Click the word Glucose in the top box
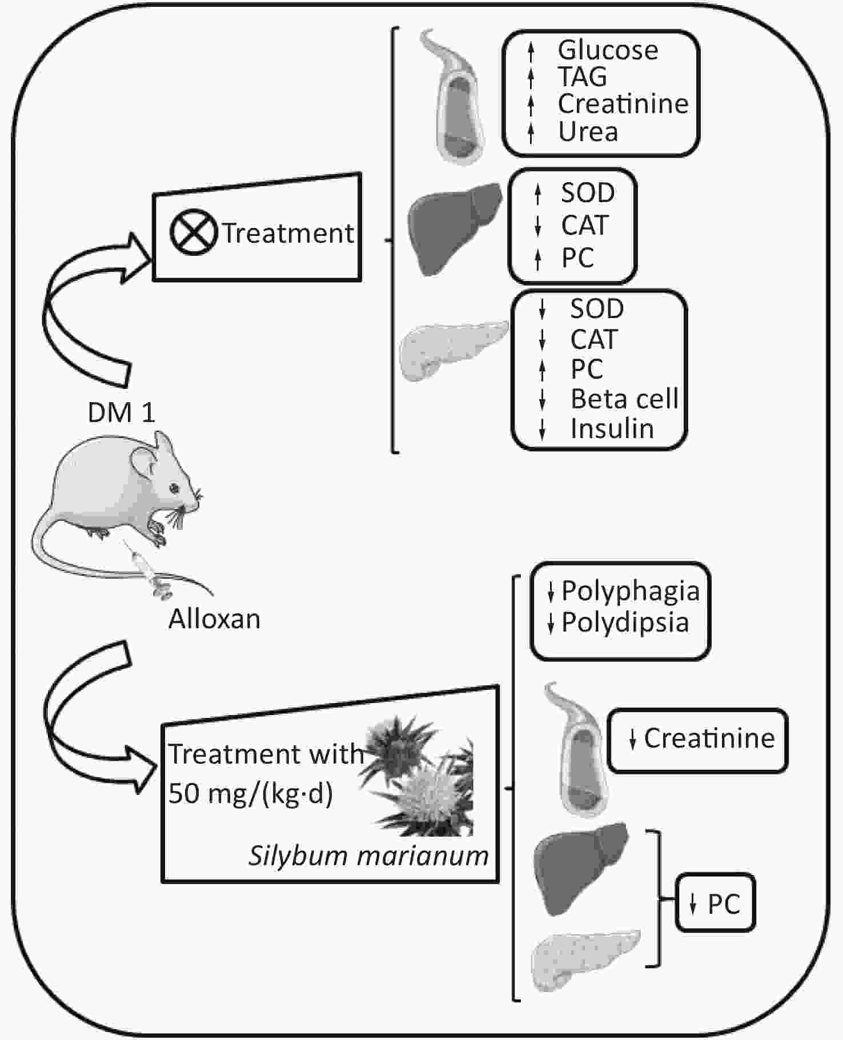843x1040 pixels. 608,50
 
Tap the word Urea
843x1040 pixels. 588,132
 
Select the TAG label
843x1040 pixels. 582,77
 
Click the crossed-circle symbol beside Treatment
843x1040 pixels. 194,233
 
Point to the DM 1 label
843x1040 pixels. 121,412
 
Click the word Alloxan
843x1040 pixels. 214,619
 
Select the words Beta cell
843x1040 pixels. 624,399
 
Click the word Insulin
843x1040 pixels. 612,429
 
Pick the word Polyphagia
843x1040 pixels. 631,591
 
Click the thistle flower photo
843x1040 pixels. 418,777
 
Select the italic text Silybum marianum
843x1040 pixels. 368,856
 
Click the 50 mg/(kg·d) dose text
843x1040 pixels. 250,793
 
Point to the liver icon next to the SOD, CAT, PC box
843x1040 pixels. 454,228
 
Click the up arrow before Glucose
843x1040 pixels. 531,51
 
